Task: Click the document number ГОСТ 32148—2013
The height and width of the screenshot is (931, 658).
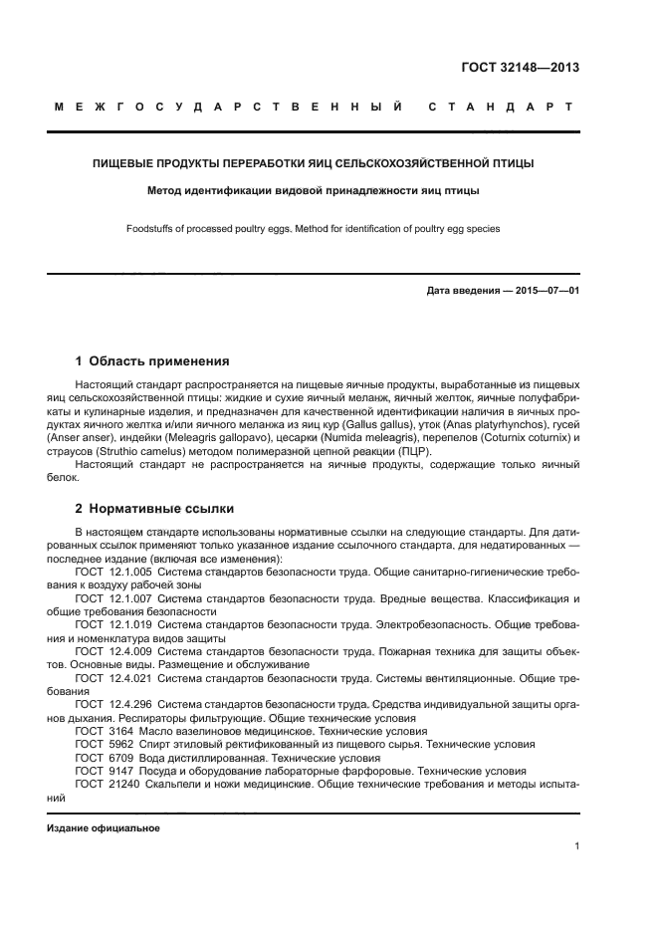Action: pyautogui.click(x=521, y=69)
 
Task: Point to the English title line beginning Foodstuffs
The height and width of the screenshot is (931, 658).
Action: pyautogui.click(x=313, y=229)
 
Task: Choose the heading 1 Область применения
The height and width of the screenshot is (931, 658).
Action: pyautogui.click(x=152, y=361)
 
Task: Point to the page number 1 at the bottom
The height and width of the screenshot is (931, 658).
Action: pyautogui.click(x=576, y=846)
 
